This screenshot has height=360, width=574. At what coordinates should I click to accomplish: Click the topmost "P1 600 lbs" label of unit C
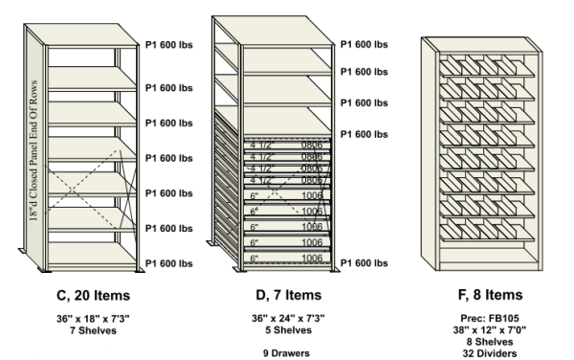173,43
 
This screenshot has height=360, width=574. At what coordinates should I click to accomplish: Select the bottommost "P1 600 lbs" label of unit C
173,263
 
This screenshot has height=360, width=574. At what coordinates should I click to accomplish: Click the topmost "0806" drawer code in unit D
312,144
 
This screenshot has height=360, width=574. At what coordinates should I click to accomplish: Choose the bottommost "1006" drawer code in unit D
312,259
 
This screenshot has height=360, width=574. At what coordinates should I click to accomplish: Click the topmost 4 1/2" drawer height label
262,144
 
